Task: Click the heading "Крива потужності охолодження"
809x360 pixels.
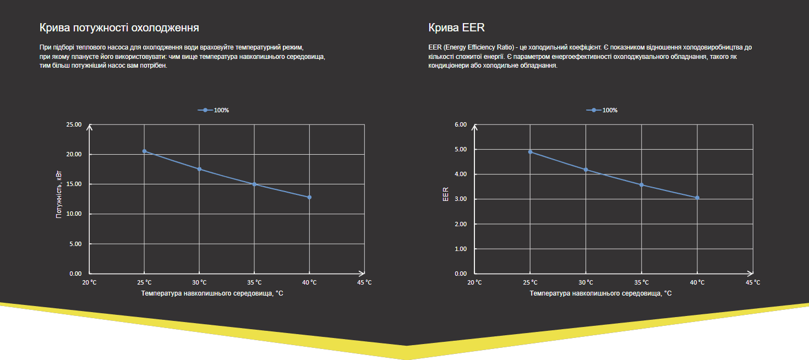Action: point(119,28)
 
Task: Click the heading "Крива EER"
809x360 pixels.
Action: point(456,28)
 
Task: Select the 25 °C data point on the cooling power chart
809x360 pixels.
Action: point(144,151)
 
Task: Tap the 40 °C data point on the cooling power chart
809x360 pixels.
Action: point(309,197)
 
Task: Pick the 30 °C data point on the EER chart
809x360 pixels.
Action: point(586,170)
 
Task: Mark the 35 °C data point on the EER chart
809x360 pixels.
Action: point(642,185)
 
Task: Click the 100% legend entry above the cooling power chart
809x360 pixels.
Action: point(214,110)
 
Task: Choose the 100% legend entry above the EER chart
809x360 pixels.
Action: point(602,110)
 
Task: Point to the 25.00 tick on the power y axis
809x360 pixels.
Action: point(74,124)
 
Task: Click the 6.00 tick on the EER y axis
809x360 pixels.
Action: point(460,124)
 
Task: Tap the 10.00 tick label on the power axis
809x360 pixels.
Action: point(74,214)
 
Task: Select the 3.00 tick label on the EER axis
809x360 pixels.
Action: point(460,199)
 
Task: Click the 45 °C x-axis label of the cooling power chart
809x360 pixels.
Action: point(364,282)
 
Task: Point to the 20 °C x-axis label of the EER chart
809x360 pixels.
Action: point(474,282)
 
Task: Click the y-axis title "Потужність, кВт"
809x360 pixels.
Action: point(59,194)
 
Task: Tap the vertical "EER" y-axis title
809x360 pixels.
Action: point(446,194)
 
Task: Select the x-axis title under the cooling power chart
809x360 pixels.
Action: point(212,293)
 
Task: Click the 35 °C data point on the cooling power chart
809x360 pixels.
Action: point(254,184)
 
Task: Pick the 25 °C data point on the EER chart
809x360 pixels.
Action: point(531,152)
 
